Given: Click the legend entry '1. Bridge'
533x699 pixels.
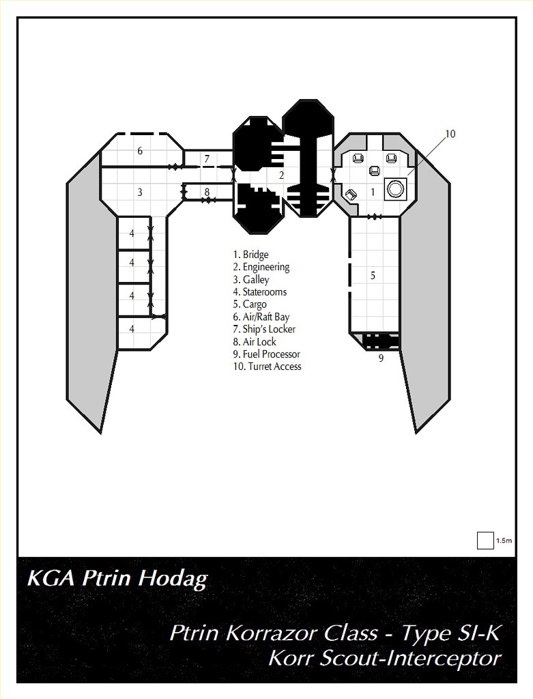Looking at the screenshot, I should [x=250, y=255].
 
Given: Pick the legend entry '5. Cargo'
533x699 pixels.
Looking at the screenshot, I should [x=250, y=304].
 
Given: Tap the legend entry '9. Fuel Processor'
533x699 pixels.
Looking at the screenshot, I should [x=266, y=354].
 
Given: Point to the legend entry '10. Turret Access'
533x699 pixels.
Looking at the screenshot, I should [x=267, y=367].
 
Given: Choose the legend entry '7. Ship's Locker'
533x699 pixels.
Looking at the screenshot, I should [x=264, y=329].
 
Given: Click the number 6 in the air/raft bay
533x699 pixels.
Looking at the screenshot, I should [x=140, y=151].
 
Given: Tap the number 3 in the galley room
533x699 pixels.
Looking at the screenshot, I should [x=140, y=192].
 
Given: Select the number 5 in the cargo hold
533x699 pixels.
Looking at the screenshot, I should [x=373, y=276].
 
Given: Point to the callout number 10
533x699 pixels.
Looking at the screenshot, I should [x=450, y=134].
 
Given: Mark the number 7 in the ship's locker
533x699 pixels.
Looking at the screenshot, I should [x=206, y=159].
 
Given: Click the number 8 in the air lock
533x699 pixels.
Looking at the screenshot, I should [x=206, y=192].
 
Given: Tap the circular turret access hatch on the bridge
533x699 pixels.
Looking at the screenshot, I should [x=395, y=188].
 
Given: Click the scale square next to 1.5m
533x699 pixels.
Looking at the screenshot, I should [x=485, y=540].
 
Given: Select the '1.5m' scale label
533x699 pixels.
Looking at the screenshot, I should [x=504, y=541].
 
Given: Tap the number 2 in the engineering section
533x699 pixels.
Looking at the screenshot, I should [x=281, y=175].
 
